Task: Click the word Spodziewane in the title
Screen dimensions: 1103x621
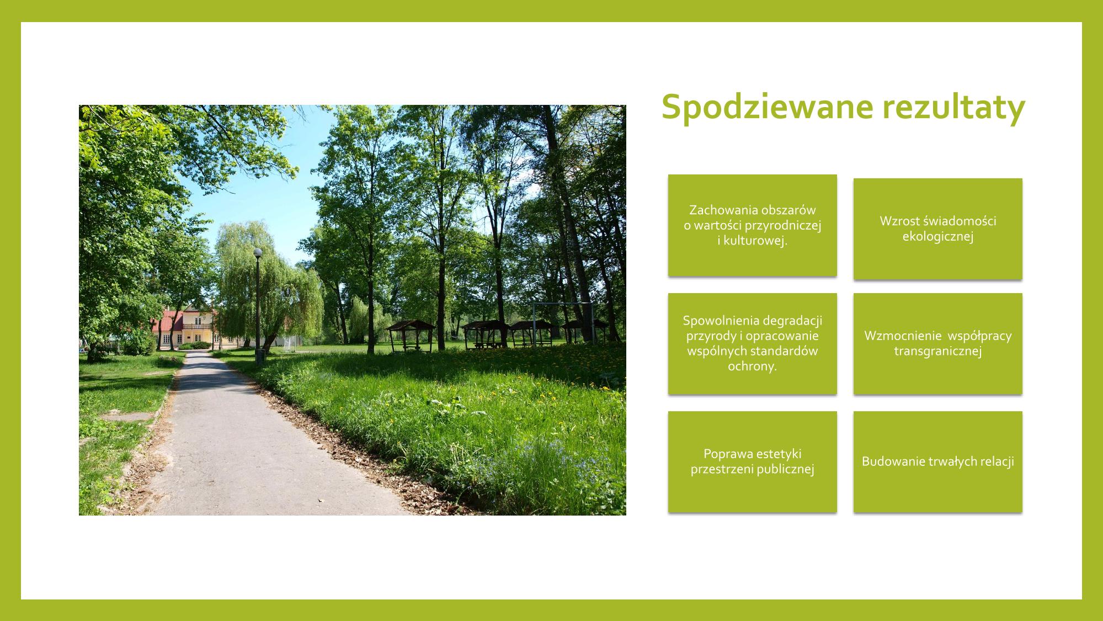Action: (768, 108)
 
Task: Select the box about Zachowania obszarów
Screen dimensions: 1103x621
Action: (753, 225)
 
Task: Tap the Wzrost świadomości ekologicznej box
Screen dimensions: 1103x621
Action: (938, 229)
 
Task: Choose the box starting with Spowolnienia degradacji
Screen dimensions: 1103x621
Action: (753, 343)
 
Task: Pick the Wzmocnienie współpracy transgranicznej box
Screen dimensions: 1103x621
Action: (938, 343)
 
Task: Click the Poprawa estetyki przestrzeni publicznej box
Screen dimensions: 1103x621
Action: (753, 461)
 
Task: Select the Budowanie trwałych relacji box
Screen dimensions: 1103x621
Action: (938, 461)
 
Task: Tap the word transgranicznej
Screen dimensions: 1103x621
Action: (938, 351)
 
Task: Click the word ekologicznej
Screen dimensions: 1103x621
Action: (938, 236)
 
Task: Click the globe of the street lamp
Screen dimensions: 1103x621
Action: (258, 252)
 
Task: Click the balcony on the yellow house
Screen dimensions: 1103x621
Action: (196, 326)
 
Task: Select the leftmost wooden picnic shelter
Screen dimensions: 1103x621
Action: (410, 335)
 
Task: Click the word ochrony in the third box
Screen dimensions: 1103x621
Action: (752, 367)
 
